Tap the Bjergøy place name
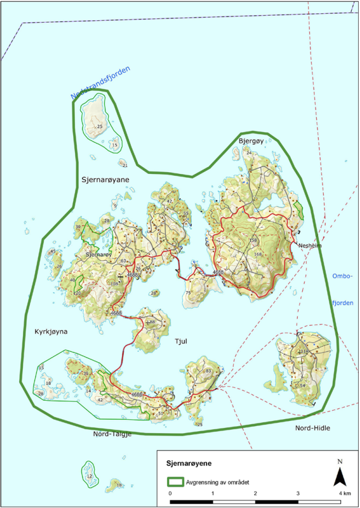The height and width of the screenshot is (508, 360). point(251,140)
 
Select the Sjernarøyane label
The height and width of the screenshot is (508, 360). point(105,180)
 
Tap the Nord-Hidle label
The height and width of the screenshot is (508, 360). point(312,429)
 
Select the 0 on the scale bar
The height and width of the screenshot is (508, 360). point(170,493)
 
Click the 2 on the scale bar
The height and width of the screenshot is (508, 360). point(255,493)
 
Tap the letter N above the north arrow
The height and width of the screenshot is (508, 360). point(340,462)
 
